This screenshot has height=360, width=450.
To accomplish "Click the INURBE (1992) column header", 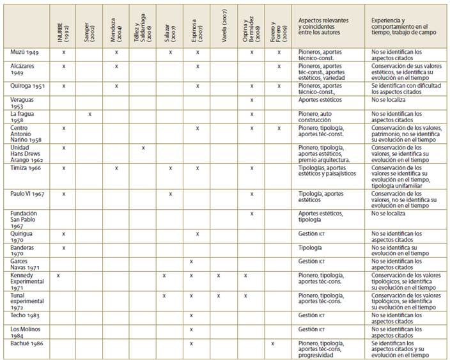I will click(64, 26).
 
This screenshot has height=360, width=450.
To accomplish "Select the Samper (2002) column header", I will click(90, 26).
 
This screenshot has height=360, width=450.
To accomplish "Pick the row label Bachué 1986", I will click(26, 343).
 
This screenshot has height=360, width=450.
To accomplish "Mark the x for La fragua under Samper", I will click(90, 114).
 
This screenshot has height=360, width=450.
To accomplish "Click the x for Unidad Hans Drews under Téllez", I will click(143, 148).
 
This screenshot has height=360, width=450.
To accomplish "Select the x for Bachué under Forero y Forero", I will click(273, 343).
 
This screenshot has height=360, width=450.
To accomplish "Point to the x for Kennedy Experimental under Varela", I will click(218, 276).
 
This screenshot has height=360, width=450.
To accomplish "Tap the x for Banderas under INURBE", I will click(64, 247).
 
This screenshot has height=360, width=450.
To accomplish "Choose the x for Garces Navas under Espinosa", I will click(192, 262).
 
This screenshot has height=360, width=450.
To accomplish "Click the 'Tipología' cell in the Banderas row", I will click(310, 247).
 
